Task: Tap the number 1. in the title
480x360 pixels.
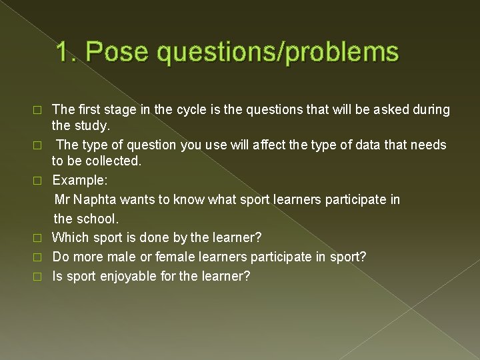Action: (x=67, y=52)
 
